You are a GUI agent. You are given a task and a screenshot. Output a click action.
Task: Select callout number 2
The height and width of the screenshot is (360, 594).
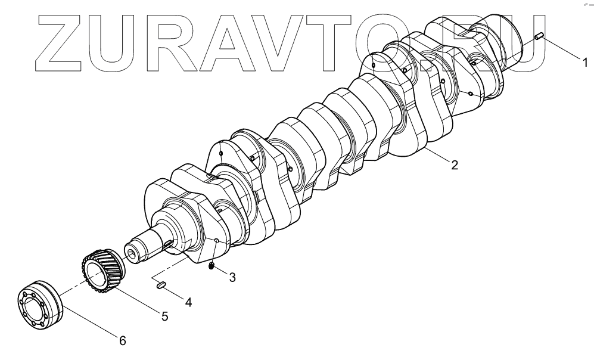pyautogui.click(x=454, y=165)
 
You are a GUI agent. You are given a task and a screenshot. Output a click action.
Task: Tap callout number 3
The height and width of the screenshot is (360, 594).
pyautogui.click(x=232, y=277)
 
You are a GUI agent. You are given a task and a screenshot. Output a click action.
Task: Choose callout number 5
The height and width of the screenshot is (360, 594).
pyautogui.click(x=164, y=316)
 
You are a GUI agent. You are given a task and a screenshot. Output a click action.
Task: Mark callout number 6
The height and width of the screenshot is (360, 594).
pyautogui.click(x=122, y=340)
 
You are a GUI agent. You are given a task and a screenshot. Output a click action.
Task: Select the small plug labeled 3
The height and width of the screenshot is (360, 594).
pyautogui.click(x=212, y=266)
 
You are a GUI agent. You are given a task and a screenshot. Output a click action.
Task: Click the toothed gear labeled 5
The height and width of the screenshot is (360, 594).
pyautogui.click(x=101, y=271)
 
